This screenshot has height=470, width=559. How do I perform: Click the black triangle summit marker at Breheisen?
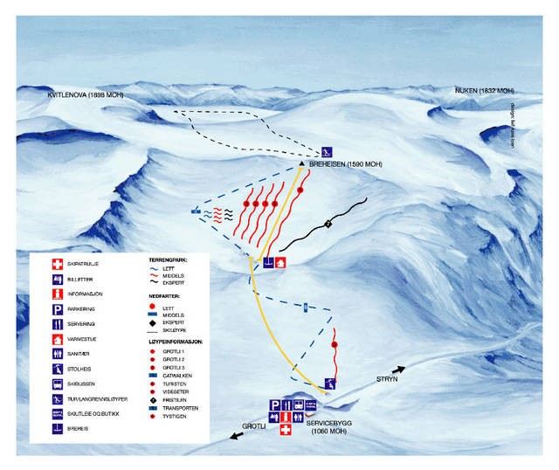(x=300, y=163)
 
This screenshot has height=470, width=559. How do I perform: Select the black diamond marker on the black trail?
(x=328, y=224)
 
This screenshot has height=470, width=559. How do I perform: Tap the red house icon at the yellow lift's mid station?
(x=280, y=261)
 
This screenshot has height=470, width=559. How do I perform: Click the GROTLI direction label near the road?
(x=253, y=427)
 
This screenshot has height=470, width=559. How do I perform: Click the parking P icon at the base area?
(x=274, y=405)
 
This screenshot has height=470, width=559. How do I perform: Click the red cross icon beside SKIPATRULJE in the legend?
(x=59, y=263)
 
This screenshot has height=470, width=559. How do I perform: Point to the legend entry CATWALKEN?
(x=176, y=375)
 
